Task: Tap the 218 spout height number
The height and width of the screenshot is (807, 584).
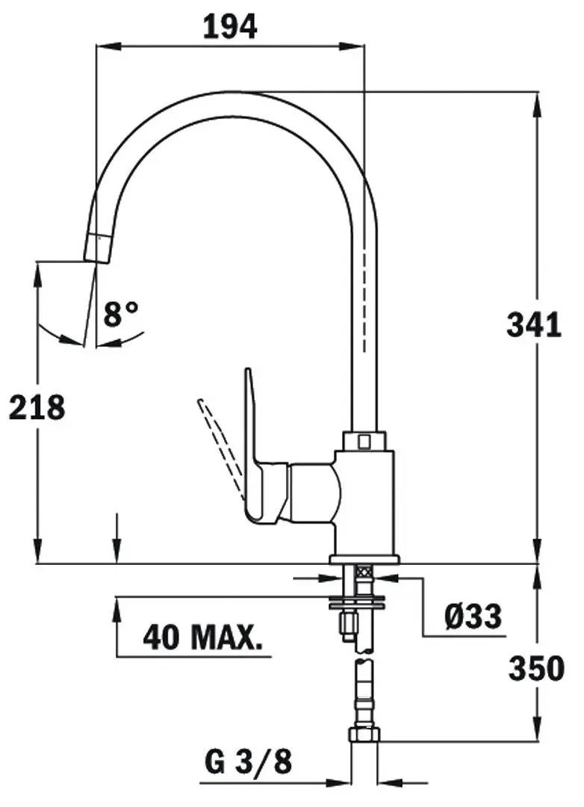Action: [x=37, y=407]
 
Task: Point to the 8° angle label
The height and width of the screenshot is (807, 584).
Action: [x=122, y=314]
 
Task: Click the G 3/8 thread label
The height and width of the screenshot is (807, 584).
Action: [x=248, y=763]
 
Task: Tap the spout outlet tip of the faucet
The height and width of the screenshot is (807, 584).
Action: [x=96, y=247]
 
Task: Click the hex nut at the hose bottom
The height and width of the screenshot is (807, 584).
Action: [x=364, y=734]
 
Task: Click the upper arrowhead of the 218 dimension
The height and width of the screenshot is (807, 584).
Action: [x=37, y=271]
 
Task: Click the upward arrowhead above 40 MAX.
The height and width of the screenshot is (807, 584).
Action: [x=117, y=607]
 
